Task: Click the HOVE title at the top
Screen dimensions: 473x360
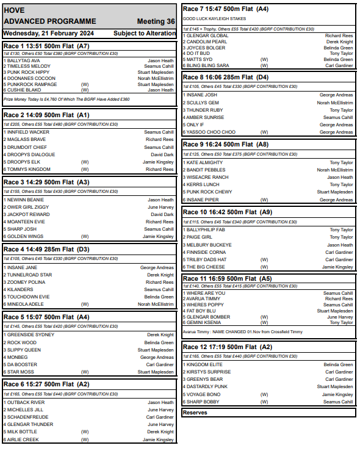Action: pyautogui.click(x=14, y=10)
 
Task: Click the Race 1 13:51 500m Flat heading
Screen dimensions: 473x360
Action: pyautogui.click(x=46, y=46)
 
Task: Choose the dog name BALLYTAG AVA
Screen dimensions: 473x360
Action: pyautogui.click(x=24, y=61)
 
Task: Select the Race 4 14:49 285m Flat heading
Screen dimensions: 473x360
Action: pyautogui.click(x=46, y=250)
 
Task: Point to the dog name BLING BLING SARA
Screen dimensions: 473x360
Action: pyautogui.click(x=208, y=65)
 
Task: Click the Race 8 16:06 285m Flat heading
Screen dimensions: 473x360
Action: pyautogui.click(x=226, y=78)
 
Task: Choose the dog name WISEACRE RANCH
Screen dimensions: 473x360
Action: pyautogui.click(x=207, y=177)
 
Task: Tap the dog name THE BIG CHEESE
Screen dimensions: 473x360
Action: pyautogui.click(x=206, y=267)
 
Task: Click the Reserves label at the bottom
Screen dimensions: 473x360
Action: pyautogui.click(x=195, y=413)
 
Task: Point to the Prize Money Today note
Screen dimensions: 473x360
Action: pyautogui.click(x=67, y=99)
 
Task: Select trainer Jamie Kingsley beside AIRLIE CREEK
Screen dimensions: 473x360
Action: pyautogui.click(x=158, y=439)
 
